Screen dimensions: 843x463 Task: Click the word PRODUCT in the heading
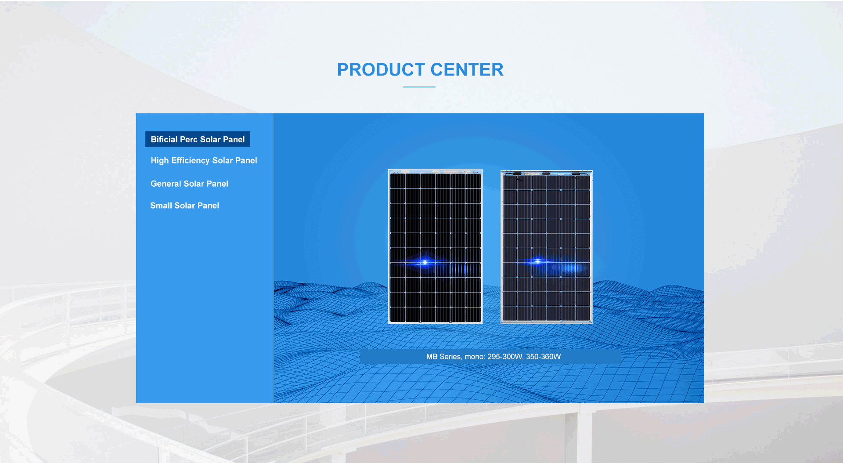pos(381,69)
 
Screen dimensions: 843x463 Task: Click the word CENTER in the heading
pos(467,69)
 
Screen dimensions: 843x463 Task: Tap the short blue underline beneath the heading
pos(419,87)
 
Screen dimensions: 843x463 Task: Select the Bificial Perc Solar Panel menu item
pos(198,139)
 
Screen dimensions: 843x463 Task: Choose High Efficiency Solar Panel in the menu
pos(204,160)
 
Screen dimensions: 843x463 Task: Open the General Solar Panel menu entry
pos(189,184)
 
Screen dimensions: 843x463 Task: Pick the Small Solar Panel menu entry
pos(184,206)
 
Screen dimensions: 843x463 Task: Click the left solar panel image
pos(436,246)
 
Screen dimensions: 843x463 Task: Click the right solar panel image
pos(547,247)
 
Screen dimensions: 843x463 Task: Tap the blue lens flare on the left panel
pos(425,262)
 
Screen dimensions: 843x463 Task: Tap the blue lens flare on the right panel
pos(537,261)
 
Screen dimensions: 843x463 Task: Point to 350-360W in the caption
pos(544,357)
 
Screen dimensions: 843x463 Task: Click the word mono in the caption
pos(475,357)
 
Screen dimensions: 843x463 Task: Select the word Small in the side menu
pos(161,206)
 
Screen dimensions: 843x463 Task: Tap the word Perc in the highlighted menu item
pos(189,139)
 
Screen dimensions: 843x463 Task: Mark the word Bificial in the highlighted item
pos(164,139)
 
